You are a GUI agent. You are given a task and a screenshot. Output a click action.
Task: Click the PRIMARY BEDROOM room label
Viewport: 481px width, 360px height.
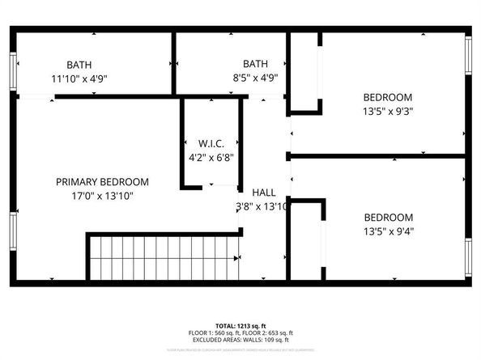[x=102, y=182]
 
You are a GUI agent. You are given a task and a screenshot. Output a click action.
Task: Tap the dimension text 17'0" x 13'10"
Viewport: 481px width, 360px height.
[x=102, y=196]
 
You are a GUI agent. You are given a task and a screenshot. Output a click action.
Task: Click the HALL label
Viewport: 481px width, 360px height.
[x=263, y=193]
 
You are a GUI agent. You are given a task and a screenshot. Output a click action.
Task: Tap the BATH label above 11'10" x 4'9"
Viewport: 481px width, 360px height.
[x=79, y=64]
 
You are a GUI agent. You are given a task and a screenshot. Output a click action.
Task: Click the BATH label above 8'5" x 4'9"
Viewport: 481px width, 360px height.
[x=255, y=64]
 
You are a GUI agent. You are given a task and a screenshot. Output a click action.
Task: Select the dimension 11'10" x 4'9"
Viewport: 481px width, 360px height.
[x=79, y=78]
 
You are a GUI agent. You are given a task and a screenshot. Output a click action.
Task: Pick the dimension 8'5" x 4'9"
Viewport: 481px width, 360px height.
[x=255, y=78]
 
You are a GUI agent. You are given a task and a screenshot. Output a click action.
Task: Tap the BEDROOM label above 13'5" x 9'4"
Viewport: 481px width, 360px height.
[x=388, y=218]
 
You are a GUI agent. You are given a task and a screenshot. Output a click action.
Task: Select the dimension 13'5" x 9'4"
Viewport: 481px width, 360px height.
[x=388, y=232]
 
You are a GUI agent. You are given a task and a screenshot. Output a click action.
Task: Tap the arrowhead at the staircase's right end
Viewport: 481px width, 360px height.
[x=237, y=258]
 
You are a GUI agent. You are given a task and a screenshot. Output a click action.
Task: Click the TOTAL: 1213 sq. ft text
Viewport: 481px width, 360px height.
[x=240, y=325]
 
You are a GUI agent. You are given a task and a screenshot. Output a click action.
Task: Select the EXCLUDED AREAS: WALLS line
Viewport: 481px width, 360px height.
[x=240, y=340]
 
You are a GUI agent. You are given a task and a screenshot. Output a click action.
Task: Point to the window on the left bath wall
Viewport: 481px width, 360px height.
[x=12, y=70]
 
